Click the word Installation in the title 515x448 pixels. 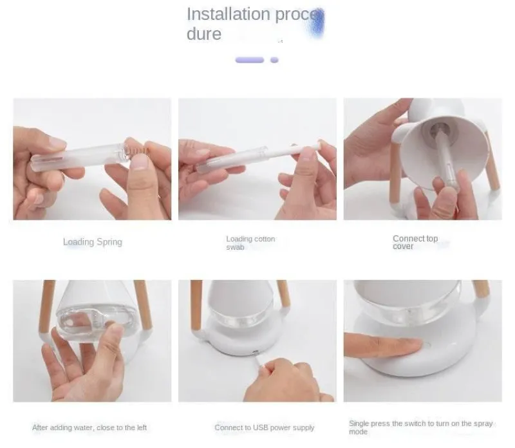(x=229, y=14)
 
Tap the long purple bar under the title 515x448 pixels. (x=250, y=60)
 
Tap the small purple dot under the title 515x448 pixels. (x=274, y=60)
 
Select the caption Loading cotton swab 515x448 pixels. (x=250, y=243)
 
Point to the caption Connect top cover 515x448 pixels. (x=415, y=243)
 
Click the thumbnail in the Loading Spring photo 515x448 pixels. (x=140, y=162)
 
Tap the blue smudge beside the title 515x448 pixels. (x=317, y=23)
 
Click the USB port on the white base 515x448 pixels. (x=255, y=353)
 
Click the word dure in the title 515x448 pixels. (x=204, y=34)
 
